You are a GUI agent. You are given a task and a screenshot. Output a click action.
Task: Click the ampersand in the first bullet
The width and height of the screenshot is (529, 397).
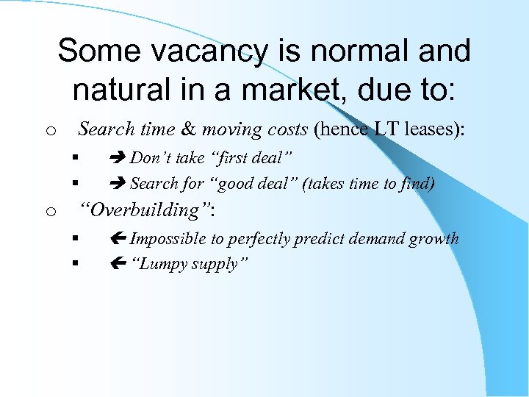[x=189, y=129]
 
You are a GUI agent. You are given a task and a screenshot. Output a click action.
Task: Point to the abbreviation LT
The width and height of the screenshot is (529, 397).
[x=384, y=129]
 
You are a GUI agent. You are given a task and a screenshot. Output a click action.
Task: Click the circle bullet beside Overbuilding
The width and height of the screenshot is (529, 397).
[x=49, y=212]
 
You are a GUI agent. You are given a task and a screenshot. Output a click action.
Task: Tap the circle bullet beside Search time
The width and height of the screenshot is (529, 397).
[x=49, y=132]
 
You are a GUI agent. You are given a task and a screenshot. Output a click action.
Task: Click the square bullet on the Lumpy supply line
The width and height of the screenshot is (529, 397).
[x=75, y=263]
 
